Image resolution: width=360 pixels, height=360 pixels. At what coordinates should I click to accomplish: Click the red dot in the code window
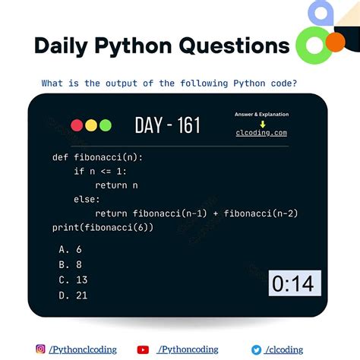tap(77, 125)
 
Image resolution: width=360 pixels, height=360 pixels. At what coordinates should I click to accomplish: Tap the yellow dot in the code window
tap(90, 125)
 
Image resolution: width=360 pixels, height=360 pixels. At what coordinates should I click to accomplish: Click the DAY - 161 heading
tap(167, 125)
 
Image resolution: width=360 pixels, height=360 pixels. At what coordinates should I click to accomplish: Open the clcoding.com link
tap(261, 133)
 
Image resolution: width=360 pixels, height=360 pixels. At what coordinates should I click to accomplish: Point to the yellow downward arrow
tap(261, 124)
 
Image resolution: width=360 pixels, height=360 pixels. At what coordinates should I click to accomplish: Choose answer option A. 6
tap(70, 249)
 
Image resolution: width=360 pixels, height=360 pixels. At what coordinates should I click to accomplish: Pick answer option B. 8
tap(70, 264)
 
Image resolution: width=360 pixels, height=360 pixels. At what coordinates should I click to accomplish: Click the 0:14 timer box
tap(293, 284)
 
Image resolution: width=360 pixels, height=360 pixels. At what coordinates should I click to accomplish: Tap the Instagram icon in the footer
tap(40, 349)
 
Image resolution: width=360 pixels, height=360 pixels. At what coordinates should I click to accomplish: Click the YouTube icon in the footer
tap(143, 349)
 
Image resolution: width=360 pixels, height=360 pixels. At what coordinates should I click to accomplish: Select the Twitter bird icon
tap(257, 349)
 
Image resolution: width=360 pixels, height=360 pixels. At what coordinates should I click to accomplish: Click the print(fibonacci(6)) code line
tap(103, 227)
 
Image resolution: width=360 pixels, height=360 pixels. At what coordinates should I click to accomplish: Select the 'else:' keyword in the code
tap(87, 199)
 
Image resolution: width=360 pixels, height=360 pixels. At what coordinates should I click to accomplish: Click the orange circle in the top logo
tap(334, 43)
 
